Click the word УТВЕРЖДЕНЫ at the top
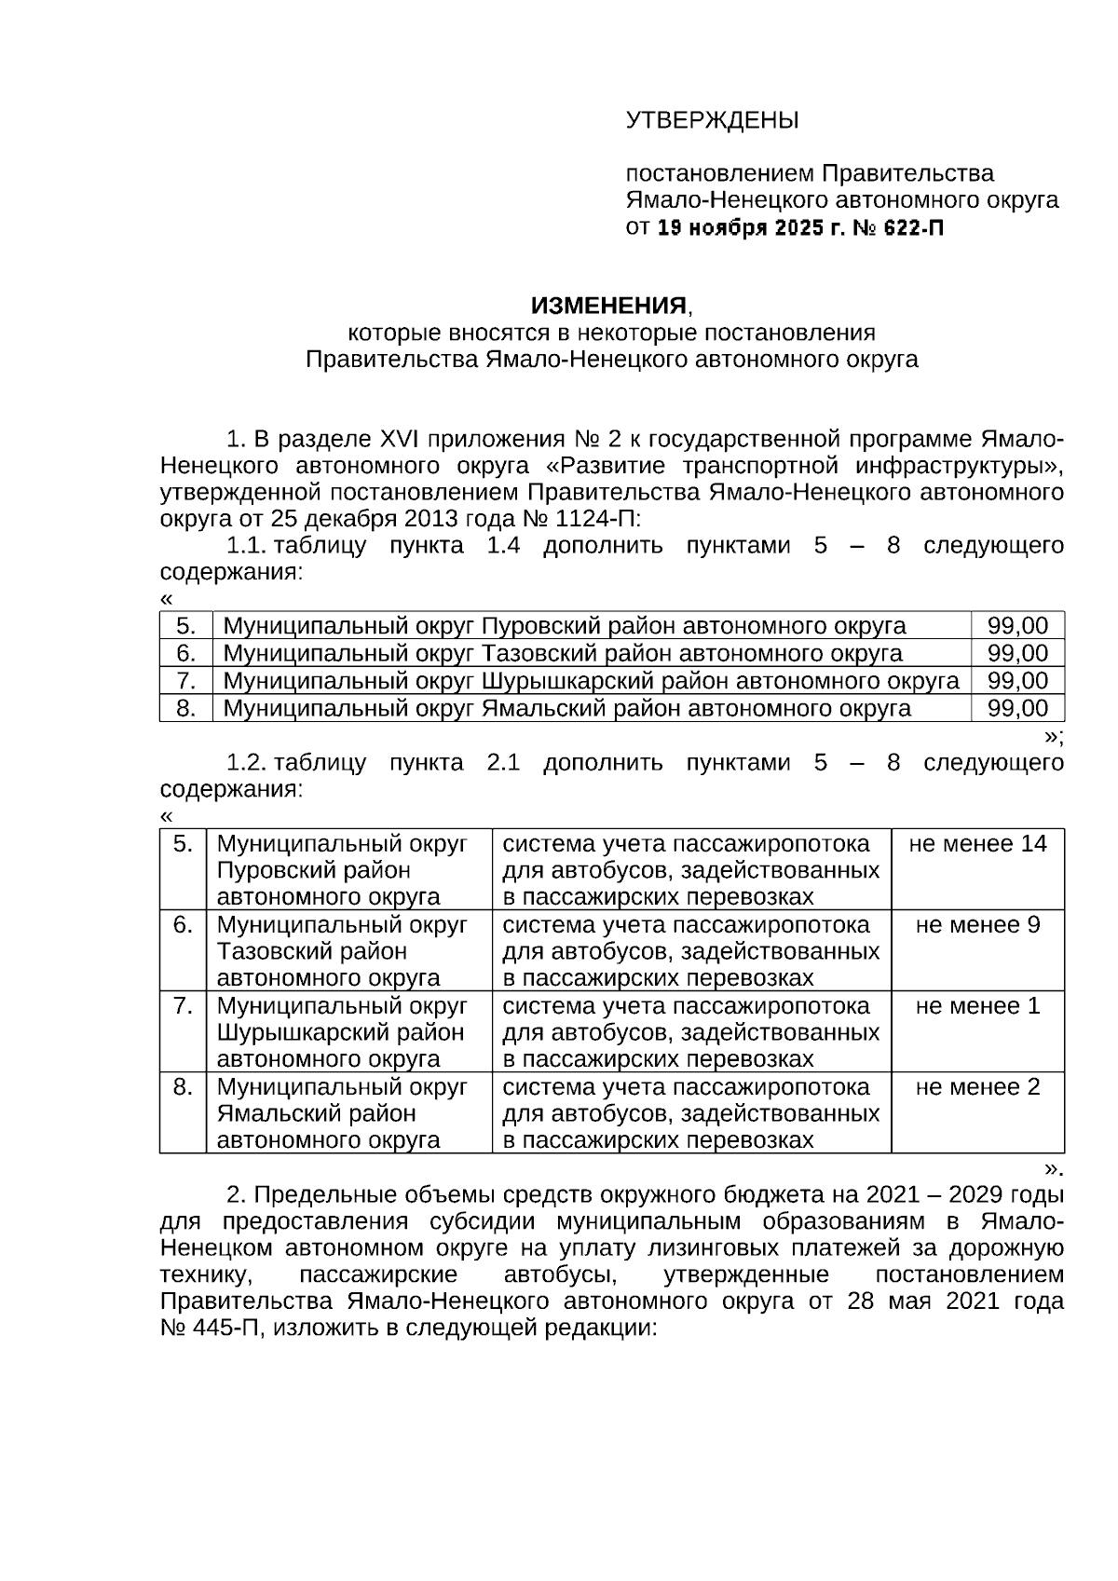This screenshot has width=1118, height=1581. coord(712,120)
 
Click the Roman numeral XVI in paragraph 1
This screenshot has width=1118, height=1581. coord(402,438)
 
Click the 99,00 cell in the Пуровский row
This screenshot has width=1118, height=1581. coord(1017,626)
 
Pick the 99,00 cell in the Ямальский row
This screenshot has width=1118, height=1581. coord(1017,708)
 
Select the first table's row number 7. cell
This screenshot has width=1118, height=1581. coord(185,681)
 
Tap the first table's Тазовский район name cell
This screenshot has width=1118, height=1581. coord(563,653)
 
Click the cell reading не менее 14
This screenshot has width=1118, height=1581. coord(977,844)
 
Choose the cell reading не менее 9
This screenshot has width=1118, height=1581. coord(977,925)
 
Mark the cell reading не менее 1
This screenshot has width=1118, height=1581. coord(977,1006)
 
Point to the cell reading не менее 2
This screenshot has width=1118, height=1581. coord(977,1087)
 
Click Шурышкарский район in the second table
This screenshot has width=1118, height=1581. coord(341,1033)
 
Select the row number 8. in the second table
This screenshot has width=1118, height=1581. coord(183,1087)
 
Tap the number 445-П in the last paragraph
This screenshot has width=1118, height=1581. coord(224,1329)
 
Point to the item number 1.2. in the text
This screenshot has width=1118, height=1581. coord(246,763)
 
